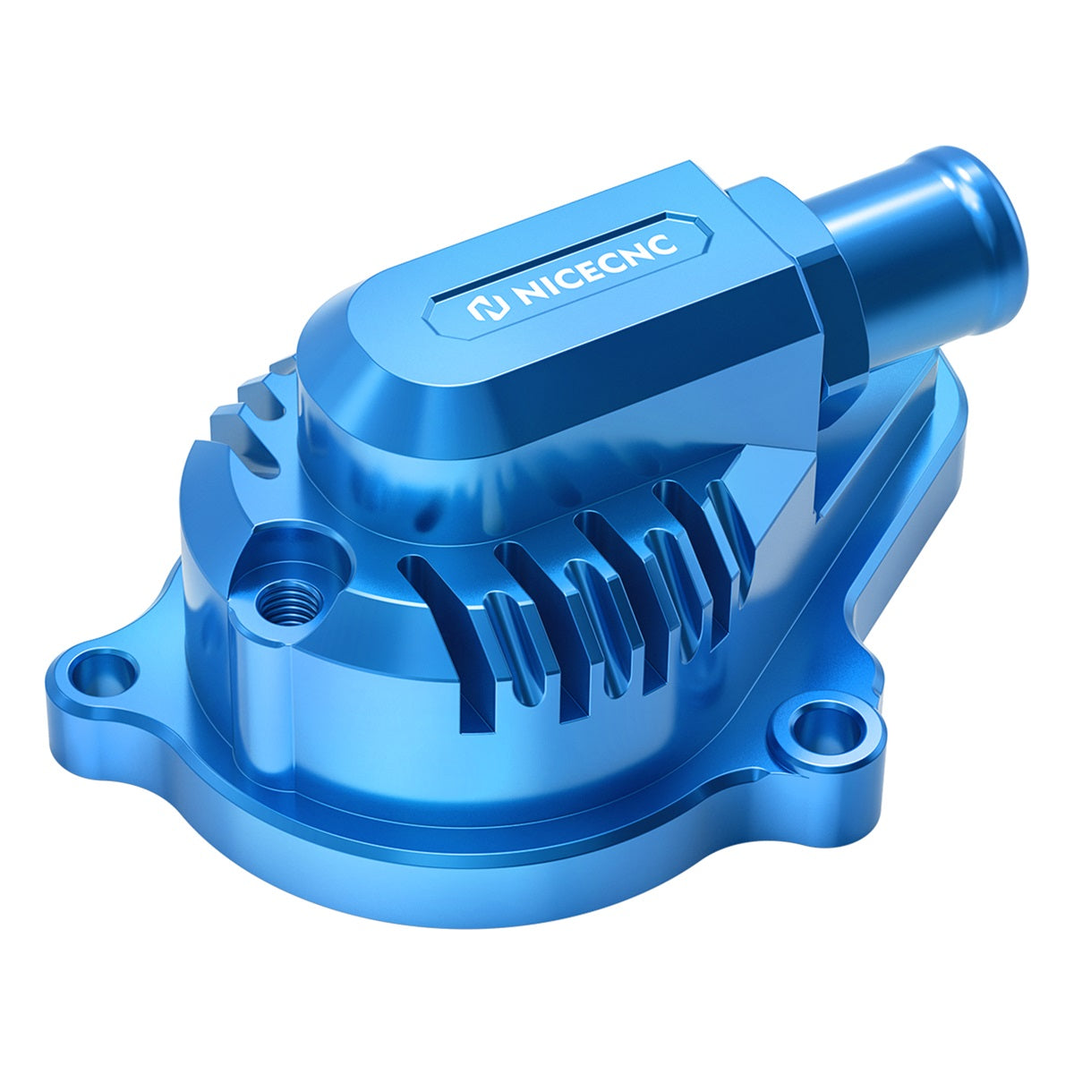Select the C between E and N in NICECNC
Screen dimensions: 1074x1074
tap(611, 257)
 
